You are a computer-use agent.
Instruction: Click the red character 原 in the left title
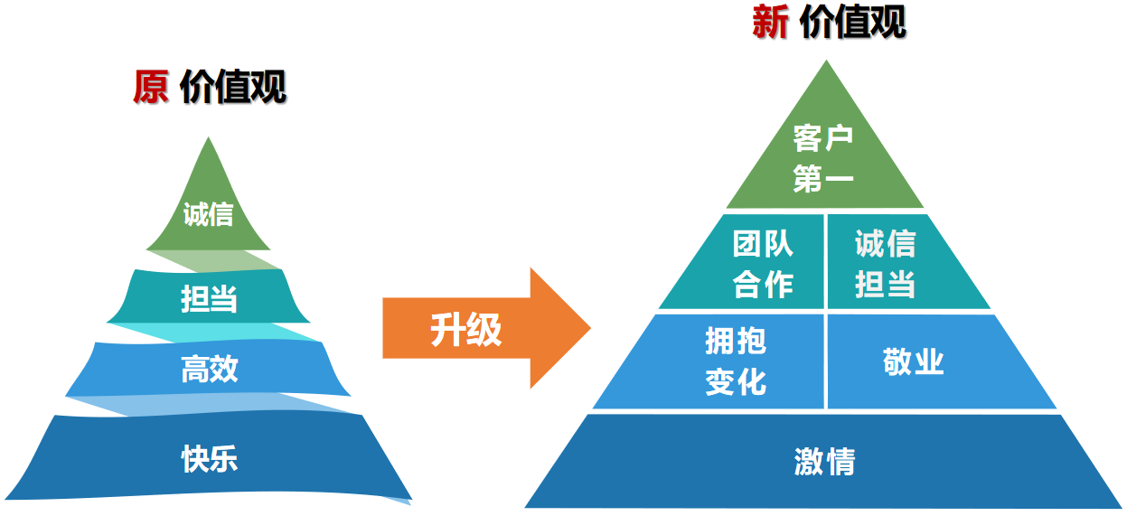click(150, 88)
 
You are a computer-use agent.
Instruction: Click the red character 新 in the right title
click(770, 23)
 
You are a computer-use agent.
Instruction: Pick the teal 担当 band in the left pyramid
click(209, 297)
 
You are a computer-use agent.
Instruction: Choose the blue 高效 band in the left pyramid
click(209, 369)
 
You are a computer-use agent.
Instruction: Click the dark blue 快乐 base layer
click(209, 458)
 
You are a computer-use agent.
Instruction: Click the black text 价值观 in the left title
click(233, 88)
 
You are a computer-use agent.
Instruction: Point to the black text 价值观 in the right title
click(852, 23)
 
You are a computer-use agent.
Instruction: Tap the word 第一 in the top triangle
click(823, 179)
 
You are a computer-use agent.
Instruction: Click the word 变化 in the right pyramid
click(736, 381)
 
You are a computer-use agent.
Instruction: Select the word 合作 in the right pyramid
click(763, 285)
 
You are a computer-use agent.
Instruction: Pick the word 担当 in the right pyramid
click(885, 285)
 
